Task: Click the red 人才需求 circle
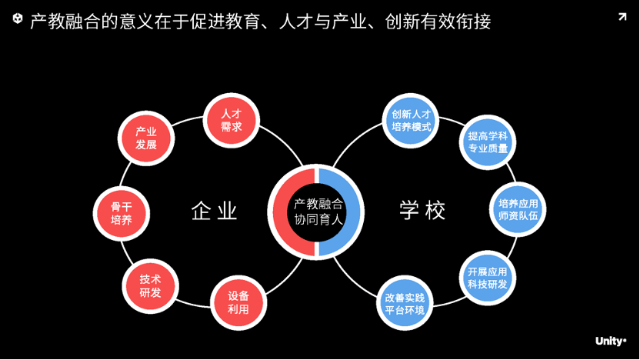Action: (x=231, y=118)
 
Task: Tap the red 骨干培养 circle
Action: (x=121, y=213)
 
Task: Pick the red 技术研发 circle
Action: (x=150, y=286)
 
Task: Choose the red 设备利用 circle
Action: (x=238, y=302)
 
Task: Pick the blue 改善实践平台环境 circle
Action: (x=405, y=303)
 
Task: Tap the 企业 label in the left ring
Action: (x=215, y=211)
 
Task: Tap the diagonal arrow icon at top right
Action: (x=622, y=17)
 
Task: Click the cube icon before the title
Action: (x=18, y=19)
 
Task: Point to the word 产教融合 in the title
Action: (x=64, y=22)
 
